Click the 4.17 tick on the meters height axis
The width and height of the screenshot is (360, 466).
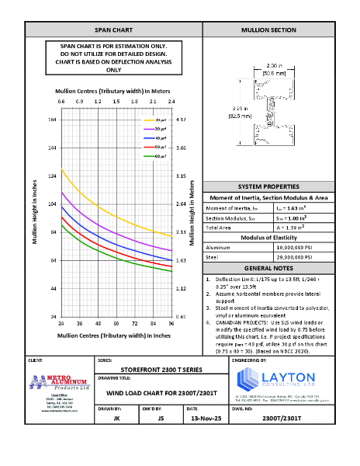click(180, 120)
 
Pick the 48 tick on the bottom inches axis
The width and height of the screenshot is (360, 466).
click(98, 322)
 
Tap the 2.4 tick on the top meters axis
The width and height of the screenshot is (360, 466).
click(171, 101)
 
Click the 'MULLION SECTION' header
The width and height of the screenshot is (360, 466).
click(268, 30)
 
